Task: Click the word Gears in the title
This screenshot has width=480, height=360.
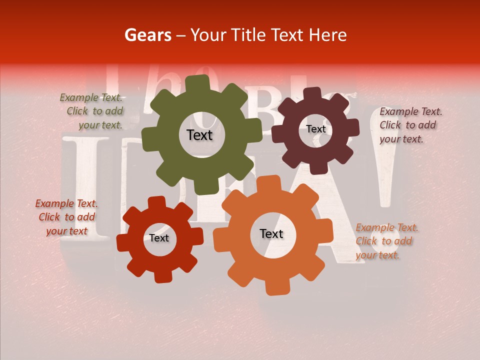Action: pyautogui.click(x=147, y=35)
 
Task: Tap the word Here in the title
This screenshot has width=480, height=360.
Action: pyautogui.click(x=328, y=35)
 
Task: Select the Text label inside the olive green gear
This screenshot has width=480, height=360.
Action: pyautogui.click(x=199, y=135)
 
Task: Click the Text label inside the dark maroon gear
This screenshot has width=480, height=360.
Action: pyautogui.click(x=315, y=129)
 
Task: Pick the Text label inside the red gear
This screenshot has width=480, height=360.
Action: pyautogui.click(x=159, y=238)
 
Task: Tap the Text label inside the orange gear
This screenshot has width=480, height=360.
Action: pyautogui.click(x=271, y=233)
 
